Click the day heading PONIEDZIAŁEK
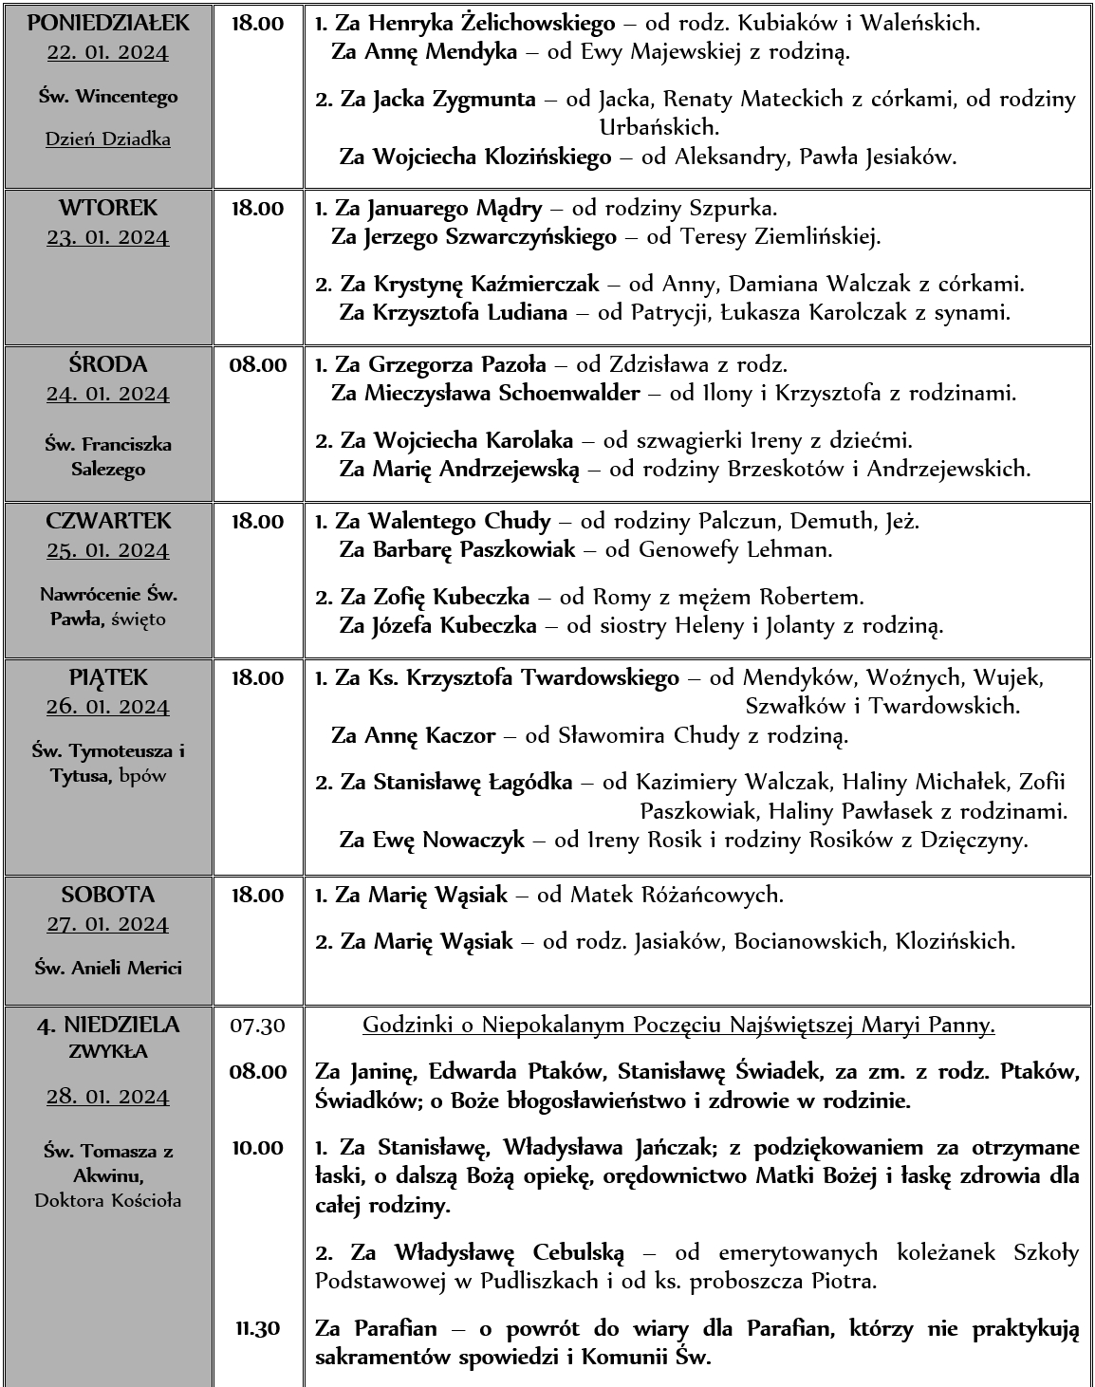[108, 23]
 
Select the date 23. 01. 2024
[108, 237]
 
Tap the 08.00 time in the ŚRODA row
[257, 364]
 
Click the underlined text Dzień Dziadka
[108, 139]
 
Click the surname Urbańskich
[659, 127]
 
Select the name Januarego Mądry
[455, 208]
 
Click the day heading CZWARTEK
[108, 521]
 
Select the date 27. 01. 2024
[108, 924]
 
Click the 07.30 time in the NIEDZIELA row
[257, 1025]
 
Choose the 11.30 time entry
[257, 1328]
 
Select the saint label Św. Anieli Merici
[108, 969]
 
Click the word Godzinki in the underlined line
[402, 1025]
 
